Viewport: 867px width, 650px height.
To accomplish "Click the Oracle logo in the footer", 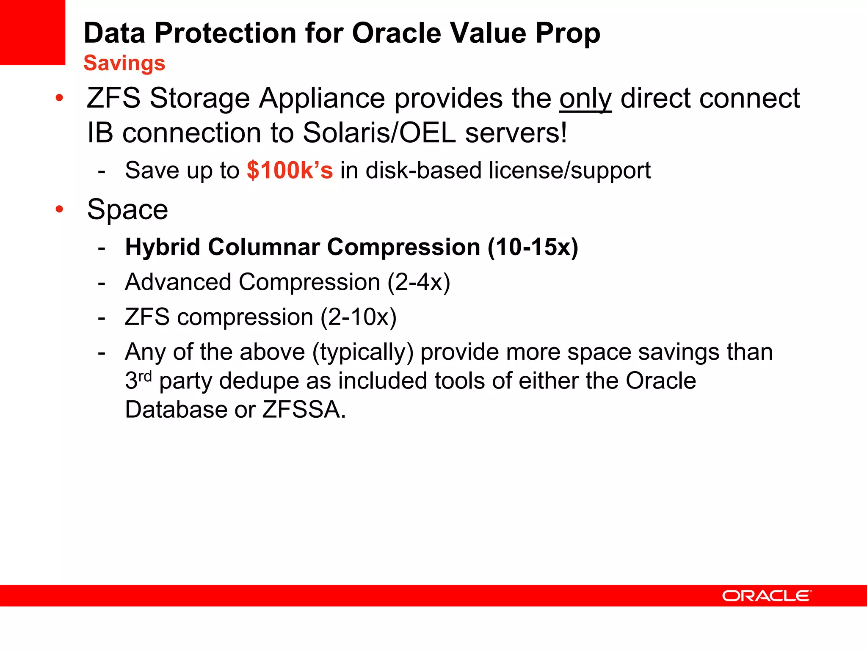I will click(x=767, y=596).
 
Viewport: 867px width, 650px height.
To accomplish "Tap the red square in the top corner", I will click(x=32, y=32).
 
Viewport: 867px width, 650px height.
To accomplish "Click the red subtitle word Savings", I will click(x=124, y=63).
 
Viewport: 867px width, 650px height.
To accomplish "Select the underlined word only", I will click(x=585, y=99).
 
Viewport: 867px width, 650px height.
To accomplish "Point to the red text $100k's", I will click(x=290, y=170).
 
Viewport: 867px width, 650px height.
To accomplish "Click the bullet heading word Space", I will click(x=127, y=209).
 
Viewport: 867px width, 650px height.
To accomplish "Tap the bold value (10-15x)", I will click(x=533, y=247).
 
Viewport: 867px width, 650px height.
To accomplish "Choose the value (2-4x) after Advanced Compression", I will click(x=419, y=282).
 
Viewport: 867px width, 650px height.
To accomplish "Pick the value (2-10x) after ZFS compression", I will click(x=359, y=317).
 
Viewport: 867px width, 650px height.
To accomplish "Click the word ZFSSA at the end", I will click(x=304, y=410).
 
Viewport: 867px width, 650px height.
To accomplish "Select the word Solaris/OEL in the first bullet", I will click(x=379, y=133).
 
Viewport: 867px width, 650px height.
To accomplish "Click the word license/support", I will click(x=569, y=171).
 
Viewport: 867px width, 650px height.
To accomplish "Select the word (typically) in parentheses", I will click(x=363, y=352).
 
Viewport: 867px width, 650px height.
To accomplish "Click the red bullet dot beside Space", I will click(x=59, y=209).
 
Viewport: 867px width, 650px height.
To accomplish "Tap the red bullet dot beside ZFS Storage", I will click(x=59, y=98).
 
